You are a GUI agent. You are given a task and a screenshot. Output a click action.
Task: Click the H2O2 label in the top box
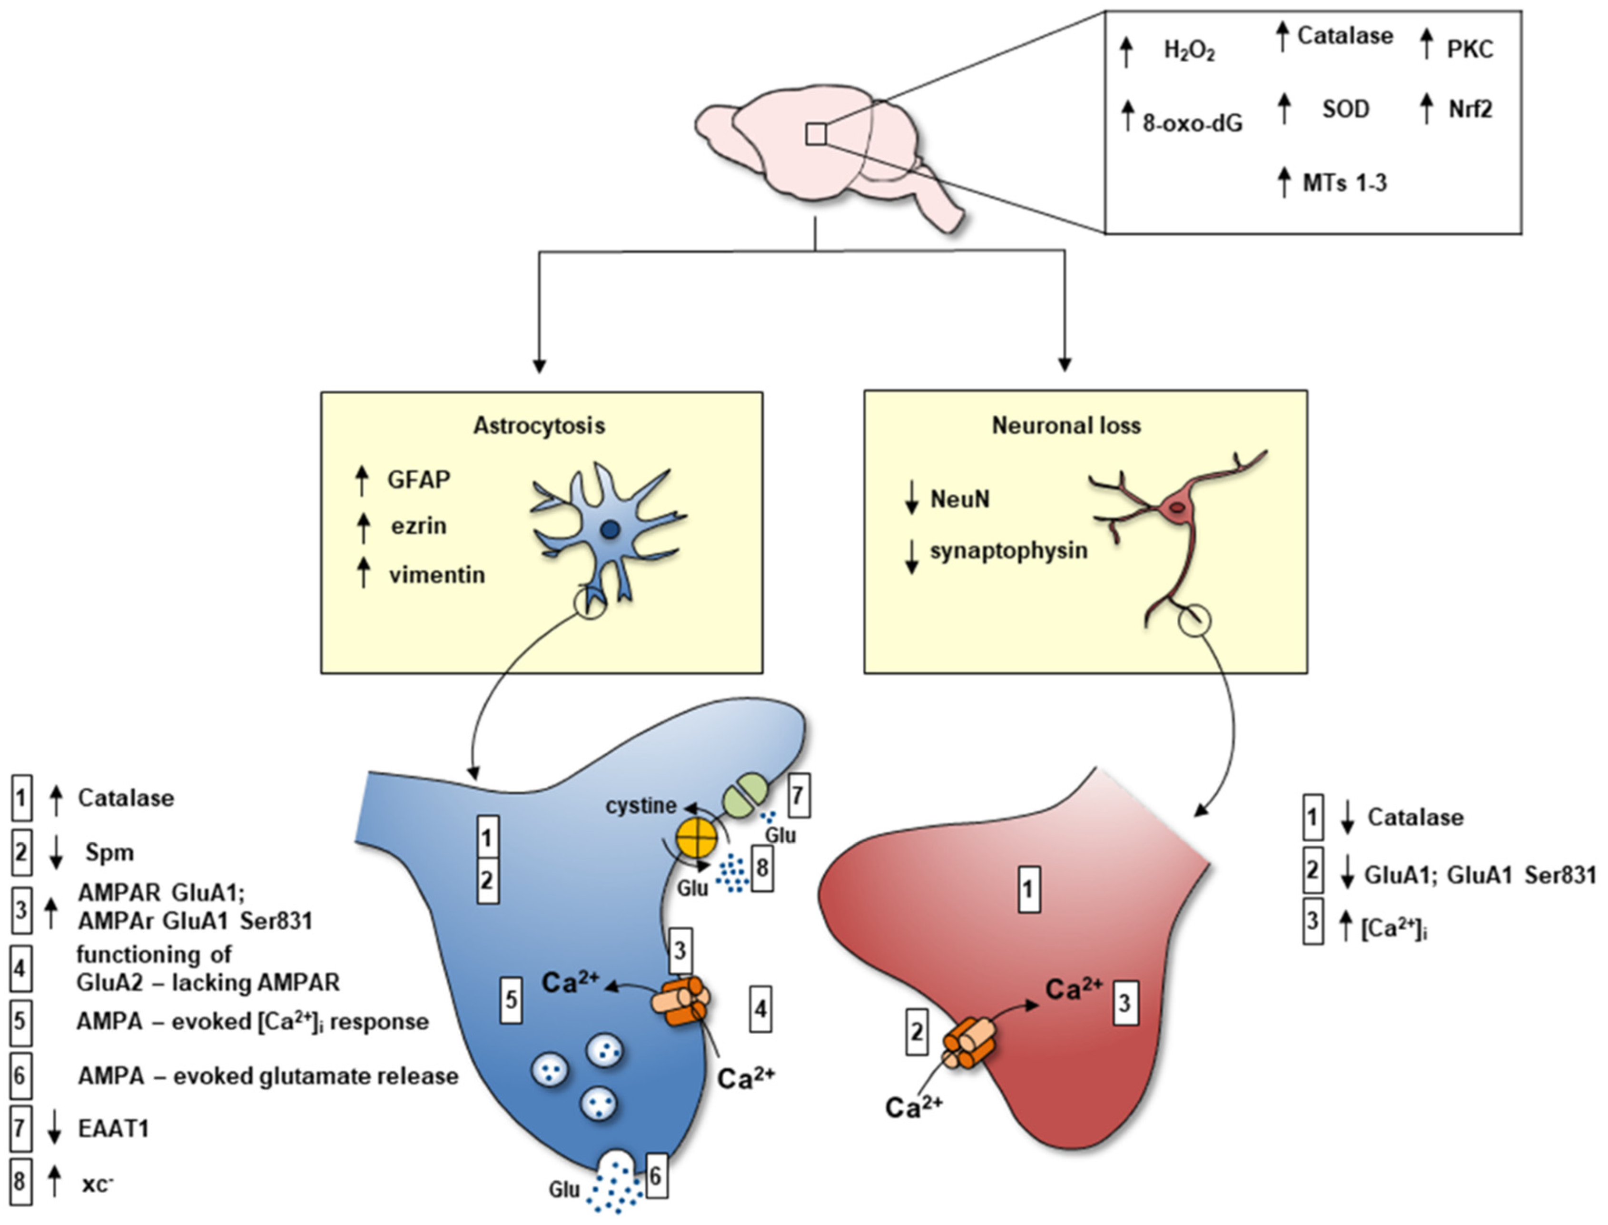[1189, 51]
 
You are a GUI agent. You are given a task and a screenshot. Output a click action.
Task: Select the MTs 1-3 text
[1344, 182]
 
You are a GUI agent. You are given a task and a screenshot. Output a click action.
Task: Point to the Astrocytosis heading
[539, 425]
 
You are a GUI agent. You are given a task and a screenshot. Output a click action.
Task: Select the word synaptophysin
[1008, 550]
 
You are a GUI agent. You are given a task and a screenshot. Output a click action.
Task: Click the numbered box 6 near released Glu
[655, 1176]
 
